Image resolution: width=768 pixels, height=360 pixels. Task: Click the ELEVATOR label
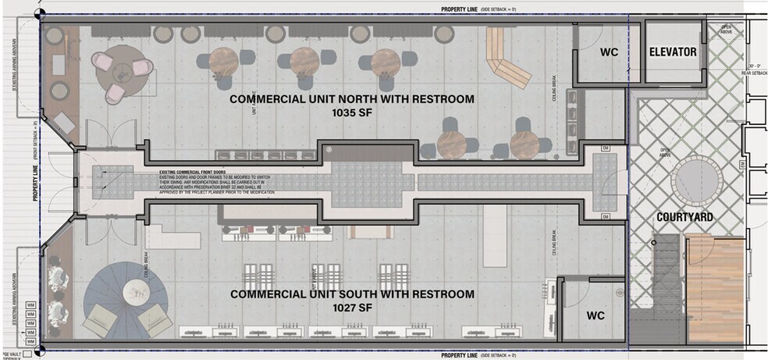click(x=673, y=52)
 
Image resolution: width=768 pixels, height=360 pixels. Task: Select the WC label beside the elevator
click(x=609, y=52)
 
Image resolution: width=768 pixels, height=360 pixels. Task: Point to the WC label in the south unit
click(x=596, y=315)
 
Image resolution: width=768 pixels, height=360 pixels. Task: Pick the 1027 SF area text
click(x=351, y=308)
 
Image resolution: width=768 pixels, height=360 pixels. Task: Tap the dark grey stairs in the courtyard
click(x=666, y=266)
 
